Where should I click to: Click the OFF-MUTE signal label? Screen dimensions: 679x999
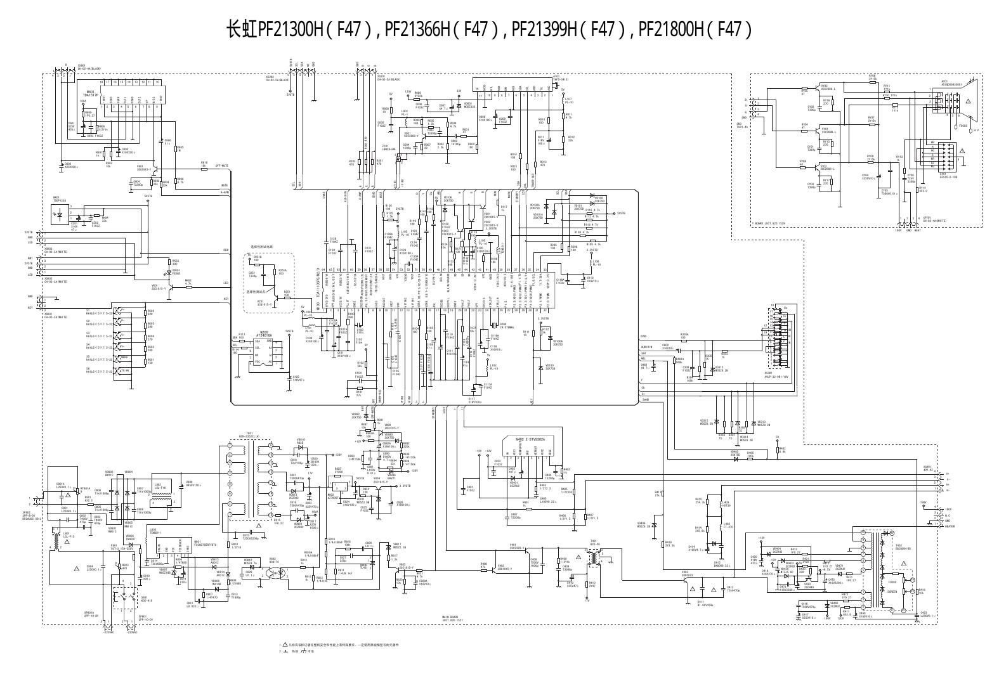(x=222, y=165)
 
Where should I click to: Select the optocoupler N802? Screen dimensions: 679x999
(x=273, y=570)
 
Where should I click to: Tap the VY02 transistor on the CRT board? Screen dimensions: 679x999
(x=825, y=130)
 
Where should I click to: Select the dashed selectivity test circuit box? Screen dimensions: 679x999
(x=269, y=281)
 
